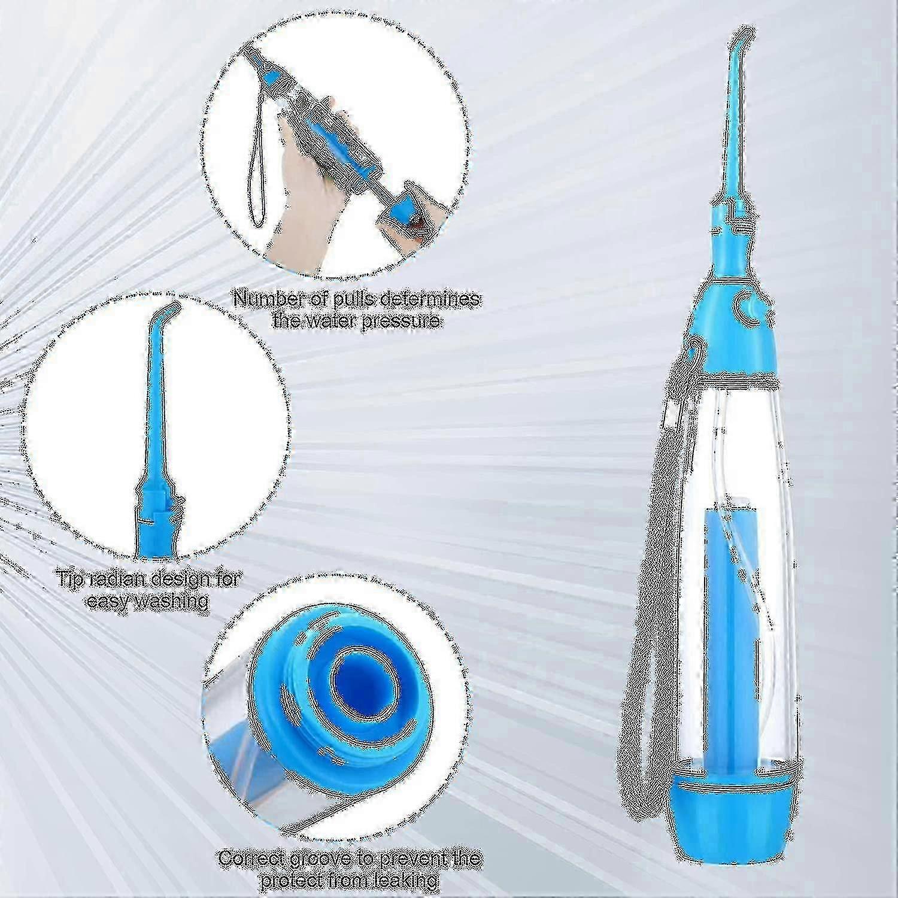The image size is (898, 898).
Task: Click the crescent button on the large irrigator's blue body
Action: tap(745, 304)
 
